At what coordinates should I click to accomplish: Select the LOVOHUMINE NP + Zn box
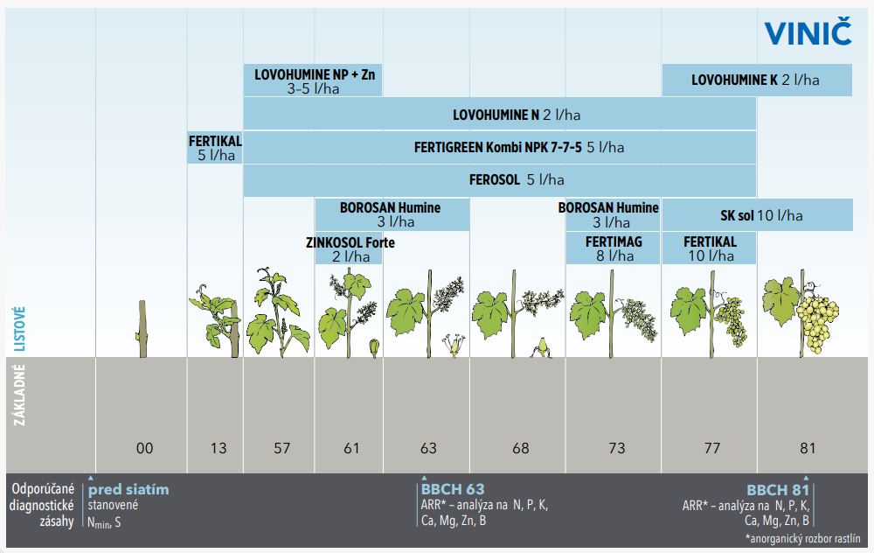pos(313,80)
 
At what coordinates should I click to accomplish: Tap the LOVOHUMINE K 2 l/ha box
pos(756,80)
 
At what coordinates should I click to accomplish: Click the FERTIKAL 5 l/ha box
pos(215,148)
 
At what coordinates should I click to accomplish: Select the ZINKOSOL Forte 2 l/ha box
pos(350,248)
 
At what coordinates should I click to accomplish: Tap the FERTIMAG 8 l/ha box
pos(614,248)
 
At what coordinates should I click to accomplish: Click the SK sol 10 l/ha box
pos(755,215)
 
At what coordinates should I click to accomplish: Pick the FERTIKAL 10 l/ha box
pos(709,248)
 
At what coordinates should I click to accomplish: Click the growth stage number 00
pos(145,448)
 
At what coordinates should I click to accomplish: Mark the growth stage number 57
pos(281,448)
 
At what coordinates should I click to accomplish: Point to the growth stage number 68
pos(521,448)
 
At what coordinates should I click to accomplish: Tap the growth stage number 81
pos(807,448)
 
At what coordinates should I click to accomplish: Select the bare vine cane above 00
pos(140,329)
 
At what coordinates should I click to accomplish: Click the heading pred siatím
pos(128,489)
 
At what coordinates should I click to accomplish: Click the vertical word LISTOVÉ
pos(19,328)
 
